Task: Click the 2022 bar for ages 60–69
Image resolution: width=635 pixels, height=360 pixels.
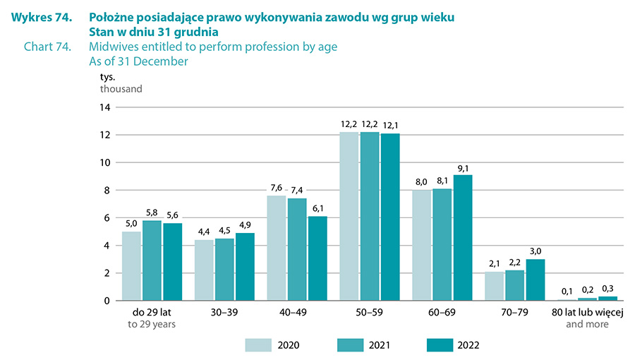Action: (462, 238)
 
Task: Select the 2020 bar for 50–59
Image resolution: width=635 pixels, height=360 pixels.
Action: (349, 216)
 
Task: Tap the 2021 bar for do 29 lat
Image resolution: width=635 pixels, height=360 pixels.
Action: (152, 260)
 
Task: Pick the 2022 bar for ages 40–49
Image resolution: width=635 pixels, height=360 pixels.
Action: (317, 258)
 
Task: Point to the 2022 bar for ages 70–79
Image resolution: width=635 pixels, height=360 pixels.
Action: (536, 280)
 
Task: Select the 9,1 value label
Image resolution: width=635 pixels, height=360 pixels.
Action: (463, 168)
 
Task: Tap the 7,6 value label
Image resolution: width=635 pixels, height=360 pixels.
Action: (276, 188)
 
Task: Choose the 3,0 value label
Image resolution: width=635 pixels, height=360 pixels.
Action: (536, 252)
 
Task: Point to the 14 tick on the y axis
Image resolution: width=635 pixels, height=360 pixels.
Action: (105, 107)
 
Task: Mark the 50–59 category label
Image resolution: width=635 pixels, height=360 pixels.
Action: (369, 312)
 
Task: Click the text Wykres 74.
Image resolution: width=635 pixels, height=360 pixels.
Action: (42, 17)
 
